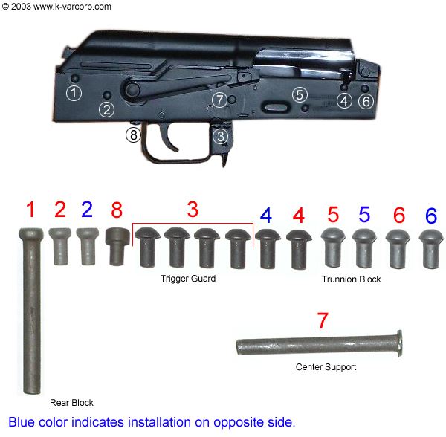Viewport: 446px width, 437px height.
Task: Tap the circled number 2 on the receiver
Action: pyautogui.click(x=107, y=109)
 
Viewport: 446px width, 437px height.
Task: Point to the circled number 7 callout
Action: pyautogui.click(x=219, y=99)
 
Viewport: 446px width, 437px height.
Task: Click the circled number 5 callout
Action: pyautogui.click(x=299, y=94)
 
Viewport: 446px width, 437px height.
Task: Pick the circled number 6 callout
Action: pyautogui.click(x=365, y=101)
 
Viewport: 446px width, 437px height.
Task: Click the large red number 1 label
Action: pyautogui.click(x=30, y=210)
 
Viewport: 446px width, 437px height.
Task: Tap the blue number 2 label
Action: pyautogui.click(x=87, y=209)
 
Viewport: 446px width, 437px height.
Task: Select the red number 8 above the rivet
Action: pyautogui.click(x=117, y=210)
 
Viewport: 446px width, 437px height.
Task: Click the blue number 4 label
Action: pyautogui.click(x=266, y=215)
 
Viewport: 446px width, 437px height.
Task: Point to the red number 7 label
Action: pyautogui.click(x=322, y=322)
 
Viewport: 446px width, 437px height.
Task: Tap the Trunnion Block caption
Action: pyautogui.click(x=351, y=279)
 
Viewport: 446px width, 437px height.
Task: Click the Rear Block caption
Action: pyautogui.click(x=71, y=402)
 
